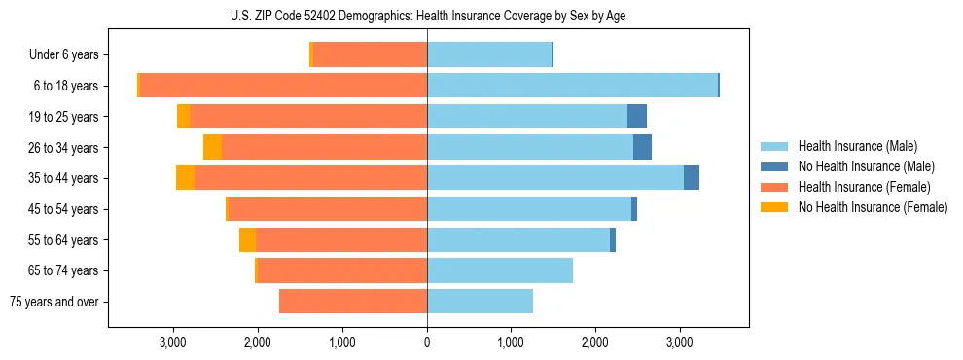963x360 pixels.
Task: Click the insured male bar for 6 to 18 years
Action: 572,86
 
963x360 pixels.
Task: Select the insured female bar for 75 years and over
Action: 353,302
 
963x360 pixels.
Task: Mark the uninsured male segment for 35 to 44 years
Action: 692,178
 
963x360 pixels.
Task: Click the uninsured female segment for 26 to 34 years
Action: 212,147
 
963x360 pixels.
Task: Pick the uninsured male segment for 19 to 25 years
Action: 637,117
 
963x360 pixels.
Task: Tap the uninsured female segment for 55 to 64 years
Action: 247,239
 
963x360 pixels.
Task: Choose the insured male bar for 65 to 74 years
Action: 500,270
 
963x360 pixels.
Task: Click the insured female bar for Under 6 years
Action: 370,55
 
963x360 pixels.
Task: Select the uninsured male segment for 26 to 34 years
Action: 642,147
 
